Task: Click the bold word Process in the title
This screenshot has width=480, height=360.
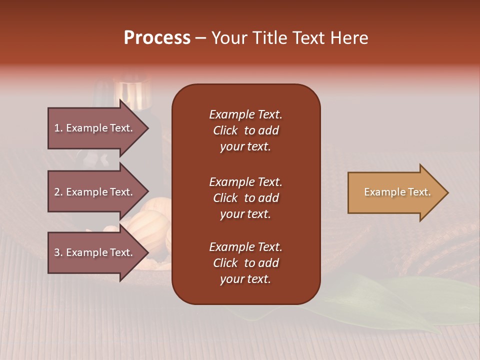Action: tap(157, 38)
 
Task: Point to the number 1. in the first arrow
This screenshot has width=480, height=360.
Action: tap(58, 128)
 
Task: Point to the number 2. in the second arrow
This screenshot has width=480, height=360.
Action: tap(58, 192)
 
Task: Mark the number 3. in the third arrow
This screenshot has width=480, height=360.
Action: tap(58, 252)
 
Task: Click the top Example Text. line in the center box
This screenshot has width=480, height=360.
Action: tap(245, 114)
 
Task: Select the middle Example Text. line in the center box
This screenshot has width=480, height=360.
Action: tap(245, 182)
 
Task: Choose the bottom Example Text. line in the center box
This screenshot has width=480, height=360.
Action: tap(245, 247)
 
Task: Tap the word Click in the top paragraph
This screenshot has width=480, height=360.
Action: tap(225, 130)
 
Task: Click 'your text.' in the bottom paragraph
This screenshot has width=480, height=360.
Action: tap(245, 279)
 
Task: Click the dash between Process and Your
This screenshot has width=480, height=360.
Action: tap(201, 38)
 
